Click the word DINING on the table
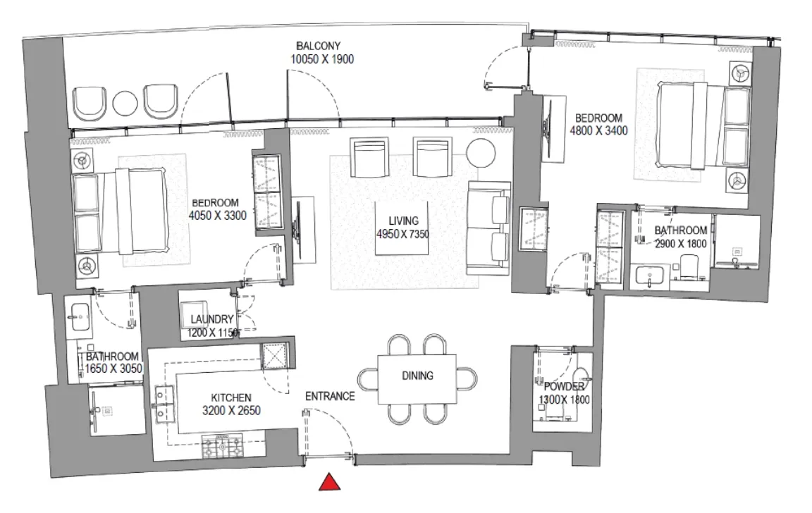coord(417,376)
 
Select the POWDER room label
coord(563,387)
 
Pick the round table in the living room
coord(481,154)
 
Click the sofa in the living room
coord(488,228)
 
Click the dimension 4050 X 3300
coord(218,216)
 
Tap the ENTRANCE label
coord(329,396)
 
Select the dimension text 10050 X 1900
coord(321,60)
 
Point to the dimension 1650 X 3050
coord(111,369)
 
